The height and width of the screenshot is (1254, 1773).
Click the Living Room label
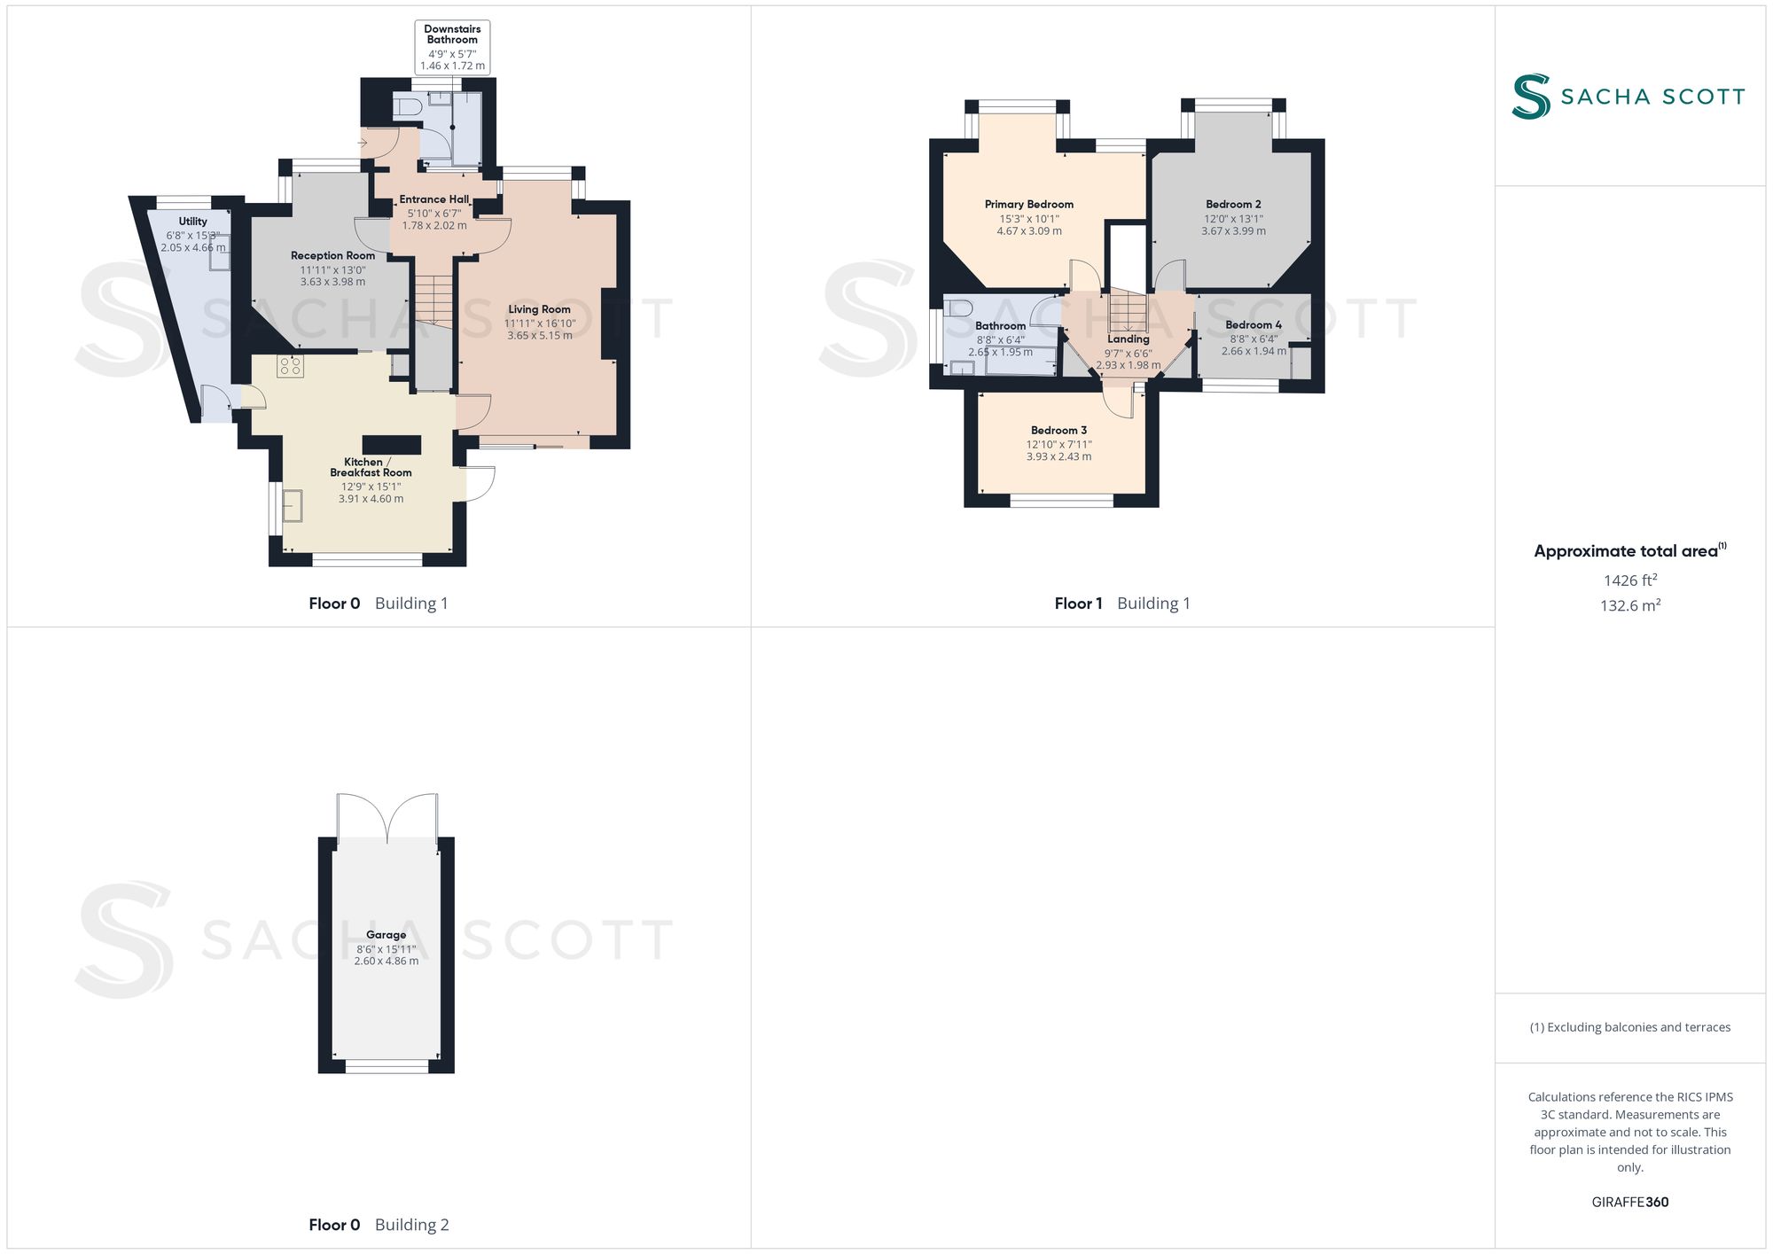539,309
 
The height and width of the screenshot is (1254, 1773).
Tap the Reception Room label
332,255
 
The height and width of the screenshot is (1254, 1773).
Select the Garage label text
386,935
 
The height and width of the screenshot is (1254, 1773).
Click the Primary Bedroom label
1028,205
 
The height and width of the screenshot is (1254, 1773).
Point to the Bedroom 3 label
1058,431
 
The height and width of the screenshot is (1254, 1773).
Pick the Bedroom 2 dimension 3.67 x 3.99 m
1233,231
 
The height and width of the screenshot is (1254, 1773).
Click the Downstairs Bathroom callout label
452,35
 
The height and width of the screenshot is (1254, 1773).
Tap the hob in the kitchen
290,366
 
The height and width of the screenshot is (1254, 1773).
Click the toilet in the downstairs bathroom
407,107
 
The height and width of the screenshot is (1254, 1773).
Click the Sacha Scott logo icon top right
1531,97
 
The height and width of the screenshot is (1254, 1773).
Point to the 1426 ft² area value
1630,580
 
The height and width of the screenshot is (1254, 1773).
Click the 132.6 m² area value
1630,605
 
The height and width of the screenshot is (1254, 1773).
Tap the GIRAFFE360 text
1630,1203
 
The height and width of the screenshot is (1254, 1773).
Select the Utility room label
192,222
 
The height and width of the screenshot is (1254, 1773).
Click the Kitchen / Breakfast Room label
371,467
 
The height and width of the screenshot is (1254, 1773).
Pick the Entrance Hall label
434,199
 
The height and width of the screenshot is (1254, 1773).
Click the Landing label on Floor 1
1129,339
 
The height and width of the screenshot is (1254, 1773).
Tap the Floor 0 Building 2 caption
379,1225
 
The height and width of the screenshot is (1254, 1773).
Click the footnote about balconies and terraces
1630,1027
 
